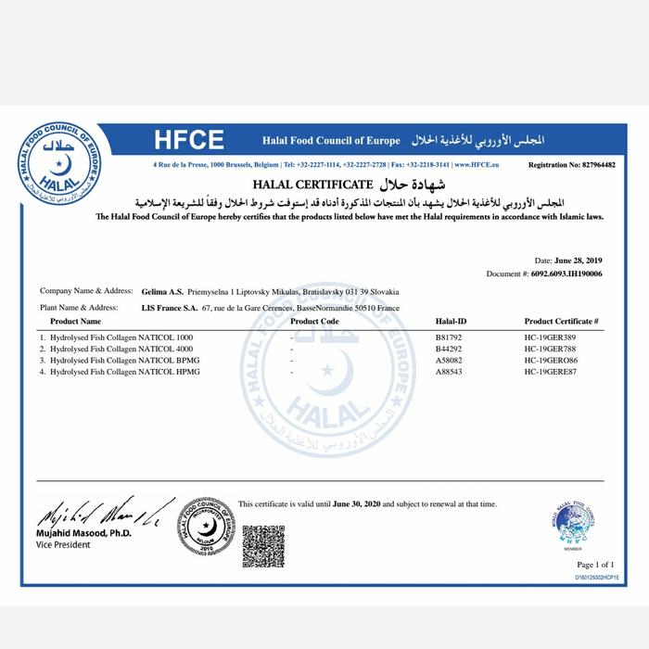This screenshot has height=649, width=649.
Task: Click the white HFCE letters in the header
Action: tap(189, 140)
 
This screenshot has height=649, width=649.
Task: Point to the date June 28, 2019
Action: tap(581, 261)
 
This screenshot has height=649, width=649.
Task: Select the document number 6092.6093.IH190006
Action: tap(565, 274)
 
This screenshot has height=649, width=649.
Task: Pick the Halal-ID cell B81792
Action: tap(450, 336)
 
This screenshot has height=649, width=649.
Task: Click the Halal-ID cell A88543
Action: tap(450, 372)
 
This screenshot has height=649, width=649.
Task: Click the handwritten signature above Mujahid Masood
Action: tap(102, 513)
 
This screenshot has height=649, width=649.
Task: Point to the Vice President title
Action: tap(64, 544)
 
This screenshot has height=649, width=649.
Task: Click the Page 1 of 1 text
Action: tap(595, 565)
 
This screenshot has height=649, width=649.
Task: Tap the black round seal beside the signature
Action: tap(207, 525)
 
